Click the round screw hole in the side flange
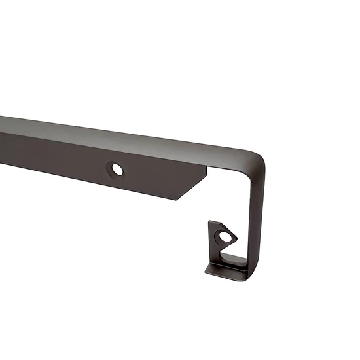coord(117,170)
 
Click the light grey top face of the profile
coord(131,134)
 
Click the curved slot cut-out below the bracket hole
coord(226,252)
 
